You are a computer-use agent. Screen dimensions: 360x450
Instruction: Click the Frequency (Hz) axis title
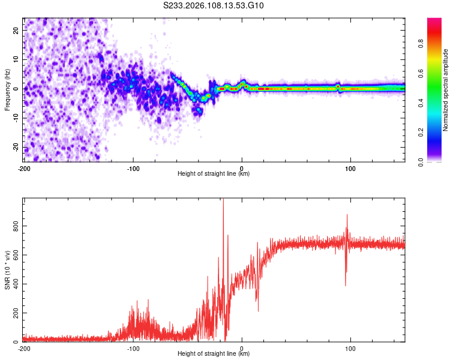(x=7, y=89)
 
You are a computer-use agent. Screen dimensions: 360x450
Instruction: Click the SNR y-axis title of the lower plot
(x=7, y=271)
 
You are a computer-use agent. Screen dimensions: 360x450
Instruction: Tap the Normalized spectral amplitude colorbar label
(x=445, y=90)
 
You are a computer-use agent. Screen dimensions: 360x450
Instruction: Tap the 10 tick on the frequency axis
(x=16, y=59)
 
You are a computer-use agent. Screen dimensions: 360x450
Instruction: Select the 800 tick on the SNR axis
(x=14, y=226)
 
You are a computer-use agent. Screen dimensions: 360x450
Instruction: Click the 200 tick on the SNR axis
(x=14, y=313)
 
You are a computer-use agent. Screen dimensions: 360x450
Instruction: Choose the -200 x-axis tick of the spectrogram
(x=24, y=167)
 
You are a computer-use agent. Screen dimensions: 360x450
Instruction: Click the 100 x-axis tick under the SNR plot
(x=350, y=348)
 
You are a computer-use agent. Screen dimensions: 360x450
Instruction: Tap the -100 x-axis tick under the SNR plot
(x=133, y=348)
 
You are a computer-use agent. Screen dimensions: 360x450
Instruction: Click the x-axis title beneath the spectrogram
(x=214, y=174)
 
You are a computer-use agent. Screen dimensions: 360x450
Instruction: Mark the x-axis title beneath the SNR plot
(x=214, y=354)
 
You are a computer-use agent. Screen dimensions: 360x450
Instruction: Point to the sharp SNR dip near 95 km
(x=346, y=284)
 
